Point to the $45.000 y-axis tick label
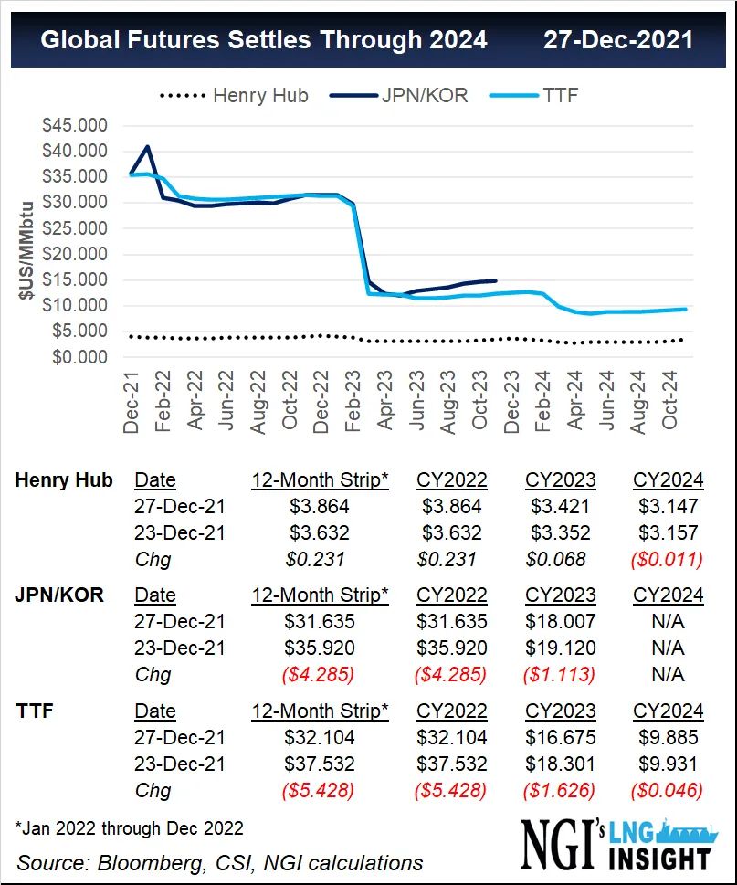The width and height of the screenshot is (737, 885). pyautogui.click(x=75, y=125)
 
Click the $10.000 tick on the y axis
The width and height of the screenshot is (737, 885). pyautogui.click(x=75, y=306)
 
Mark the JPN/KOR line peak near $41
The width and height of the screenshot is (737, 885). pyautogui.click(x=148, y=146)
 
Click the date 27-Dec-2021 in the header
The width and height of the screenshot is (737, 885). pyautogui.click(x=617, y=40)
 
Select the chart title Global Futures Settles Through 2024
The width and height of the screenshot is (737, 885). pyautogui.click(x=265, y=40)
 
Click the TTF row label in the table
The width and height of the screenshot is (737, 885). pyautogui.click(x=35, y=711)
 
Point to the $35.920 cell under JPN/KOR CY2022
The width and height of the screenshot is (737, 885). pyautogui.click(x=451, y=648)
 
